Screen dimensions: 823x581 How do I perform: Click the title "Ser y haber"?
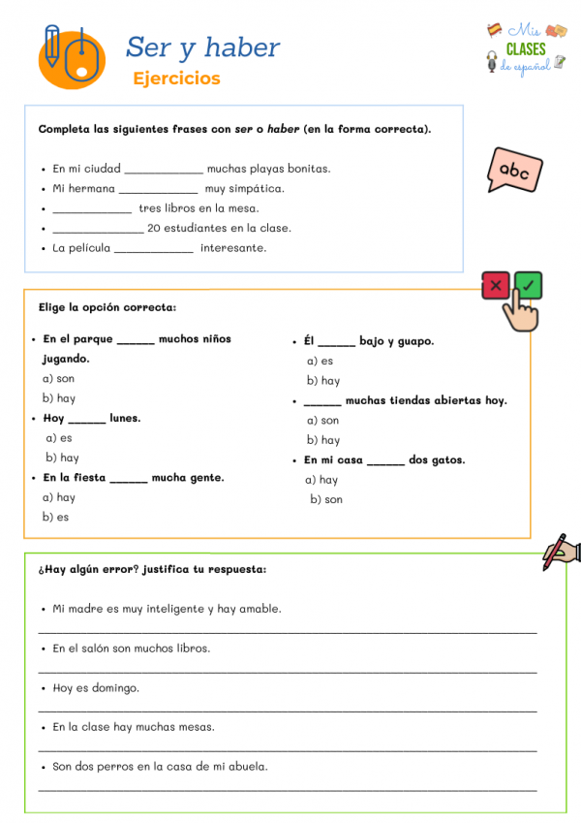(x=202, y=47)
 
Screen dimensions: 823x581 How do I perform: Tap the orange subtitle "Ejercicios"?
(x=176, y=79)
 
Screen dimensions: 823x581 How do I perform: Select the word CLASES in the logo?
(x=526, y=48)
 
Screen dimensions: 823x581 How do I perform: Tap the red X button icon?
(x=496, y=285)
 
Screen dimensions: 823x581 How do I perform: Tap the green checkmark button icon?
(x=528, y=285)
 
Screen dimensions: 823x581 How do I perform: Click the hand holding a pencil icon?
(x=561, y=551)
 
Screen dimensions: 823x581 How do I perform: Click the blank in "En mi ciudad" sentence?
(x=164, y=170)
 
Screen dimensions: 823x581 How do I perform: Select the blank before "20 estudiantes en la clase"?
(x=98, y=230)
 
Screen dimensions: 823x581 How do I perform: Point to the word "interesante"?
(x=232, y=248)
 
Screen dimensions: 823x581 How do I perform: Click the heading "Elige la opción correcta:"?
(x=107, y=307)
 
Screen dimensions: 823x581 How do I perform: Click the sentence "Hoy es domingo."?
(x=96, y=688)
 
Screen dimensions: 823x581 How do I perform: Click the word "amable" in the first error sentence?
(x=260, y=609)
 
